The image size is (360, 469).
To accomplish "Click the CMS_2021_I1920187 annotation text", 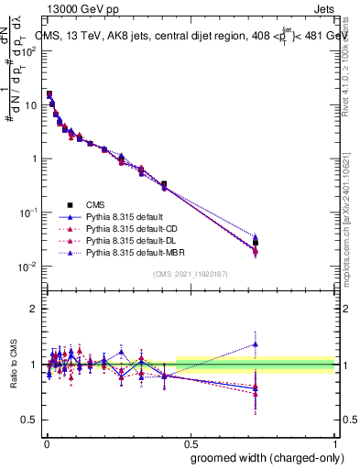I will pyautogui.click(x=191, y=274).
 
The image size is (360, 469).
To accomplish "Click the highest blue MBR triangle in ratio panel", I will pyautogui.click(x=256, y=344).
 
